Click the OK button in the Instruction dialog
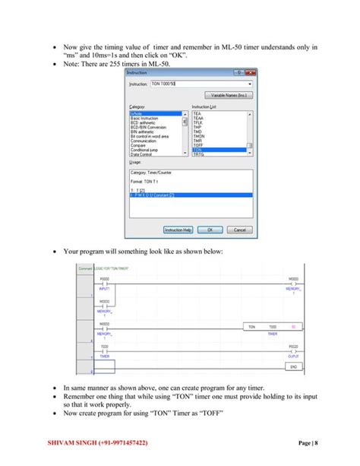[x=210, y=230]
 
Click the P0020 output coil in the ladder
[x=293, y=351]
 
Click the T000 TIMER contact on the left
[x=105, y=351]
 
